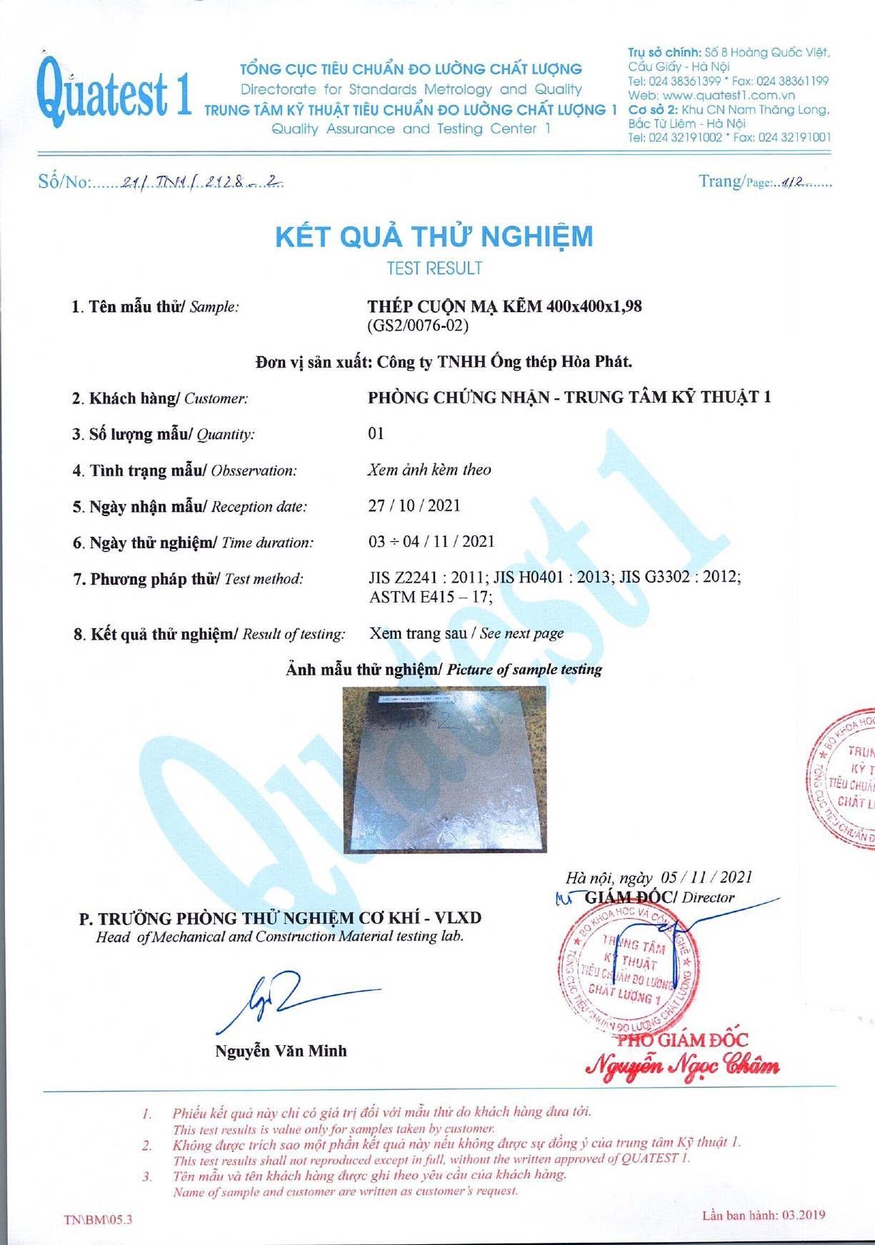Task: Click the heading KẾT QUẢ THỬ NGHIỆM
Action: [434, 236]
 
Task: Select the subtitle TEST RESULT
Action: [434, 268]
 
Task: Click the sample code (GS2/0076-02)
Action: [419, 326]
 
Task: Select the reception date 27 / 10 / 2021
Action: [414, 505]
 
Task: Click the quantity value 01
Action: [376, 433]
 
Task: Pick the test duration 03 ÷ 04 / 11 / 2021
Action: [431, 541]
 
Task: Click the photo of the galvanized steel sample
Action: [444, 770]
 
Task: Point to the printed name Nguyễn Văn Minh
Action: [281, 1051]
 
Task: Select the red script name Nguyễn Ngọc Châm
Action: [682, 1066]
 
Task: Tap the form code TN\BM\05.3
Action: [98, 1219]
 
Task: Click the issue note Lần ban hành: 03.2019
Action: [764, 1215]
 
